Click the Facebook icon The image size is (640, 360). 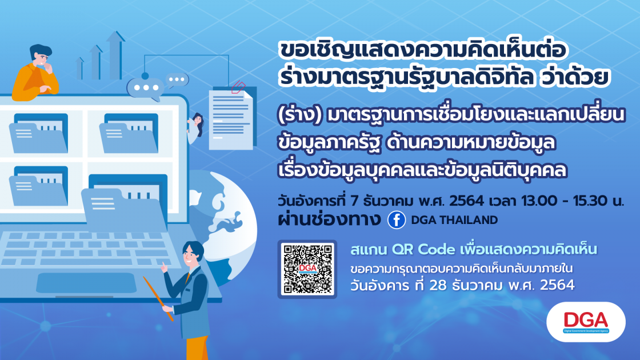point(396,220)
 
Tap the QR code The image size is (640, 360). point(307,269)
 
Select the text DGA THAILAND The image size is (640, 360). point(454,220)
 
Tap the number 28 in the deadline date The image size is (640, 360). point(438,285)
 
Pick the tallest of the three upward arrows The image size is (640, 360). point(115,55)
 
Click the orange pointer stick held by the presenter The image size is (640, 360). point(159,298)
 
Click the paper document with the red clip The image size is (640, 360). point(231,118)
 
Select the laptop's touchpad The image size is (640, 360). point(86,283)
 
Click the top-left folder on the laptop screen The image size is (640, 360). point(39,134)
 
